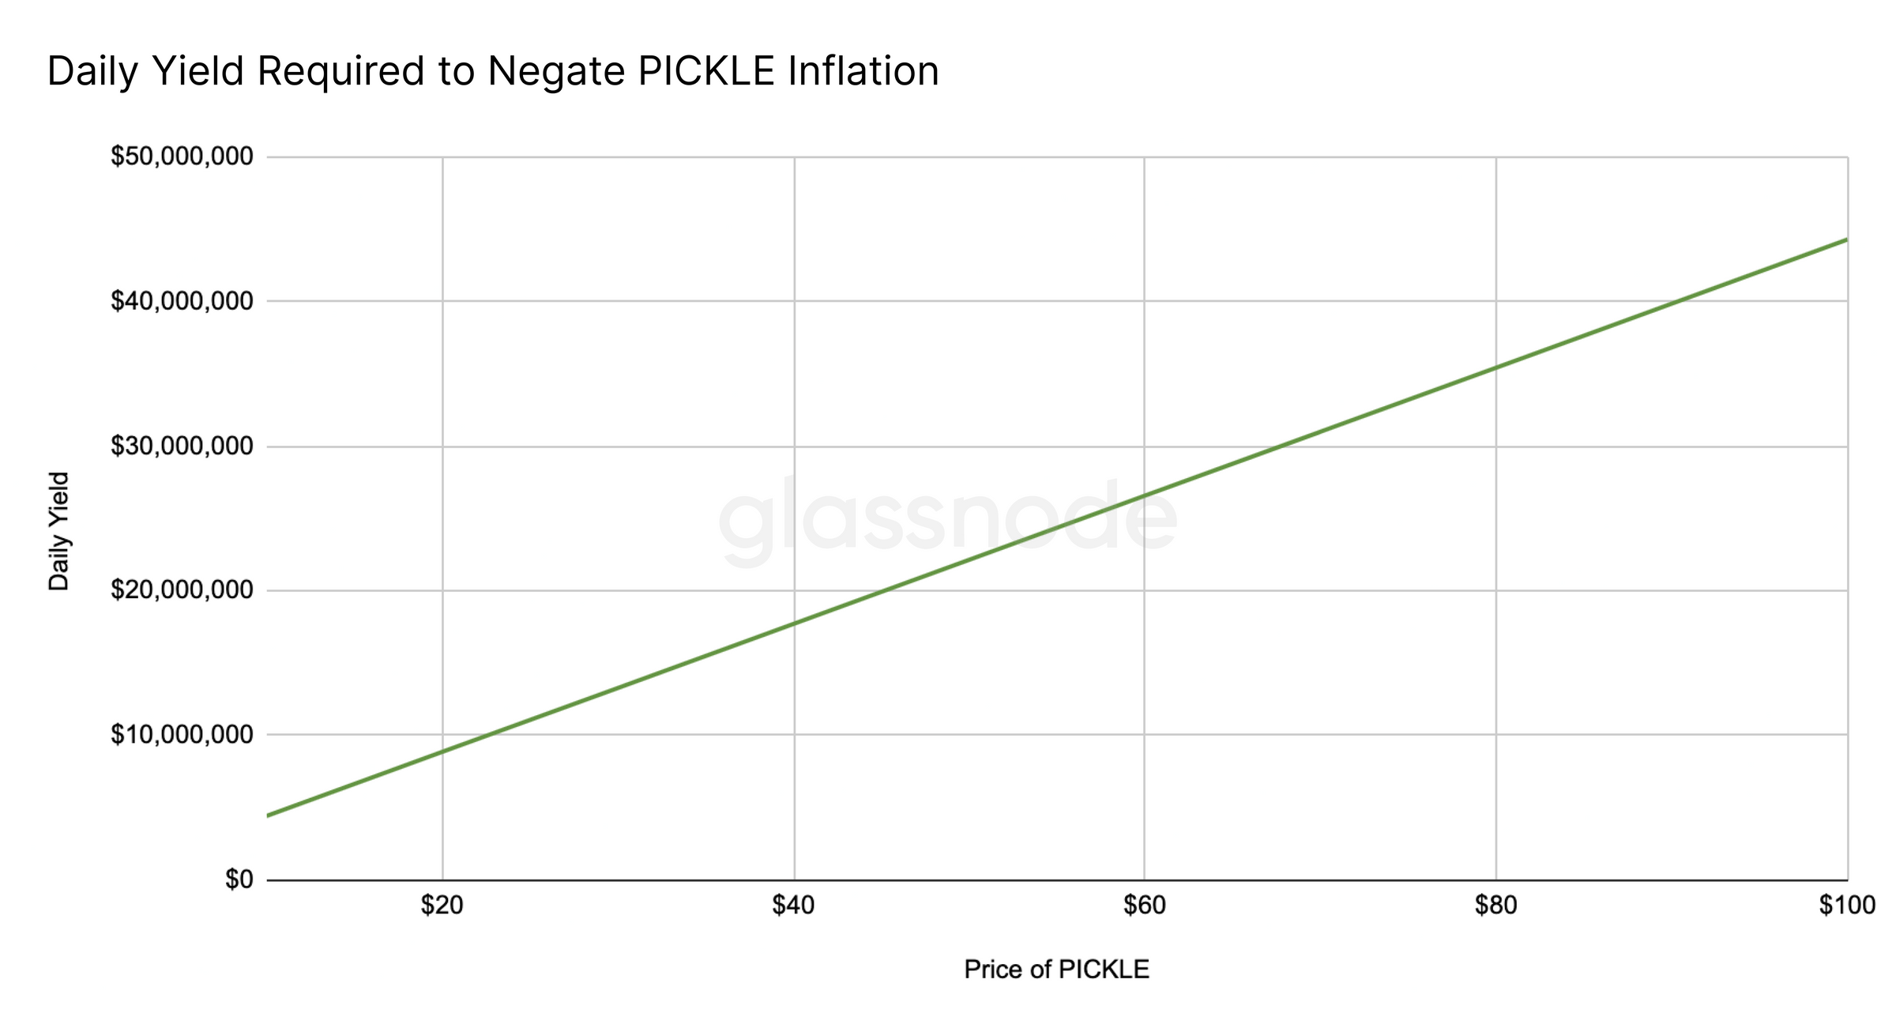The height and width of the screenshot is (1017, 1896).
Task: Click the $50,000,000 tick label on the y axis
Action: (182, 156)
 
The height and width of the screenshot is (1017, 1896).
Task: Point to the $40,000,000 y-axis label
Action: (182, 301)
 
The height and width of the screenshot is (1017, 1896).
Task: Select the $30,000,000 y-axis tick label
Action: (182, 446)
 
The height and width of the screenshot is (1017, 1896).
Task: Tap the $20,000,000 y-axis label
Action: (182, 590)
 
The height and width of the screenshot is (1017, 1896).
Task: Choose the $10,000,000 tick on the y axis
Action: (182, 735)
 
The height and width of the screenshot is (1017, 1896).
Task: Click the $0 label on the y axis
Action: (239, 880)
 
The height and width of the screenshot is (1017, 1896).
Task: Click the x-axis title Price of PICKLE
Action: (1056, 970)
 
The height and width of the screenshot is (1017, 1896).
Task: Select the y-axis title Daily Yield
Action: (59, 531)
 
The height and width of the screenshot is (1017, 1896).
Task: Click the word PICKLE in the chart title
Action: (706, 71)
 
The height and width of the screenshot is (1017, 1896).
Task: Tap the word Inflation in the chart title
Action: (863, 71)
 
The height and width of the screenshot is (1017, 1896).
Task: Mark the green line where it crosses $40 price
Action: (794, 623)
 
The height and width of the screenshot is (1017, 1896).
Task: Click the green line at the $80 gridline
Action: (1495, 367)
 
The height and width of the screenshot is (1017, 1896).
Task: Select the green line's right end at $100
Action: (1845, 239)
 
